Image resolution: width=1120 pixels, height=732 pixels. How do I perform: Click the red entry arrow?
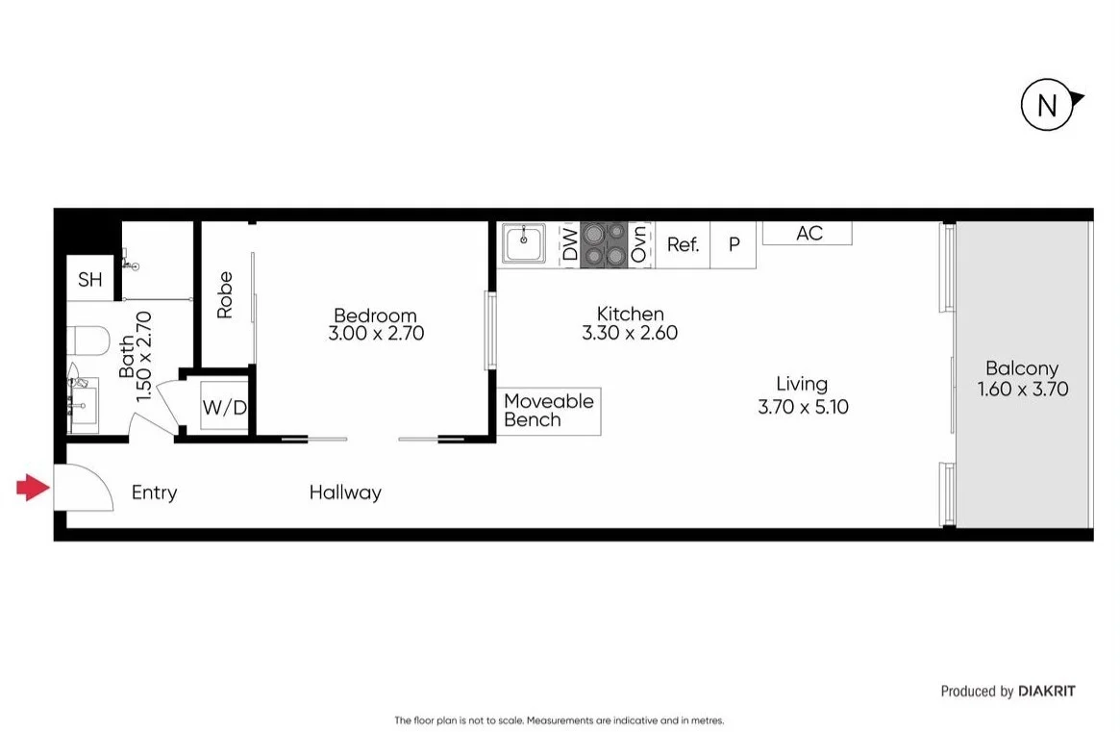point(33,489)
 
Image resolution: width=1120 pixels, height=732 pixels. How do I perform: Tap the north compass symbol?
point(1047,105)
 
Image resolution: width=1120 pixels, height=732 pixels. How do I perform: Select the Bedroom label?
point(375,316)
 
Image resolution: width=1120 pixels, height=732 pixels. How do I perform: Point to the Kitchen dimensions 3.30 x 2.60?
point(630,334)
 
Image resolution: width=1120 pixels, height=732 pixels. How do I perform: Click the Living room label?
point(802,384)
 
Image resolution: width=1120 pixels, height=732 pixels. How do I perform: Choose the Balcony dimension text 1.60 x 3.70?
point(1022,390)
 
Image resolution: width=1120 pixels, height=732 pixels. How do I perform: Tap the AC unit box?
point(808,233)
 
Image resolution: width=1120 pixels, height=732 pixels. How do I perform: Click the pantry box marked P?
point(734,245)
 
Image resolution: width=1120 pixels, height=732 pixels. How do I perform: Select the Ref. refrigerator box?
point(683,245)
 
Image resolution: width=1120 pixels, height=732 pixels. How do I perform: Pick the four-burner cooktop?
point(603,244)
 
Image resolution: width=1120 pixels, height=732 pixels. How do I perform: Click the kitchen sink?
point(524,244)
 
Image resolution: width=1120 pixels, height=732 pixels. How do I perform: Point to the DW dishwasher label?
point(569,245)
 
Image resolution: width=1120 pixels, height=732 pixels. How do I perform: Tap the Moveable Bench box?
point(549,411)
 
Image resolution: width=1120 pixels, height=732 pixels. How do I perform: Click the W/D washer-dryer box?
point(224,408)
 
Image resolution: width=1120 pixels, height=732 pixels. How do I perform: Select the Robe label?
point(225,295)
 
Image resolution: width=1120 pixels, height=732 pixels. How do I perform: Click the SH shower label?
point(89,280)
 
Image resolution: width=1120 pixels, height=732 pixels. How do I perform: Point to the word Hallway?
point(345,492)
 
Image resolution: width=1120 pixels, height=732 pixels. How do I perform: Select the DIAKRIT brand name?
point(1047,691)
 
